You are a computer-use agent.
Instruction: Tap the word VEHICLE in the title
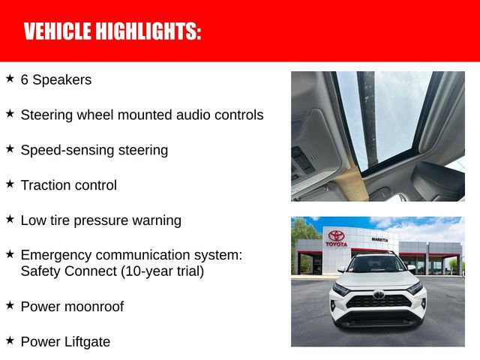coord(57,31)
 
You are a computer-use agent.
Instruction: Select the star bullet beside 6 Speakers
coord(10,78)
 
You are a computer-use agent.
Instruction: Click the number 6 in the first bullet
coord(25,79)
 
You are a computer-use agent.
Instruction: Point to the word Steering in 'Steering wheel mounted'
coord(45,115)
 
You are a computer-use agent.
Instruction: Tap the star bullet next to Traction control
coord(10,184)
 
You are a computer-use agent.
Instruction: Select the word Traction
coord(46,185)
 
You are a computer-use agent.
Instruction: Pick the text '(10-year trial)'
coord(163,271)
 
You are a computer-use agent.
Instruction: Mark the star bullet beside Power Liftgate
coord(10,340)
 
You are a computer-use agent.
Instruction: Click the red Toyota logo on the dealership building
coord(337,235)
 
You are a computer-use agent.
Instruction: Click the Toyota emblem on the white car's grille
coord(379,295)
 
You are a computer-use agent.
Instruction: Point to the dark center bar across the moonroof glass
coord(365,112)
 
